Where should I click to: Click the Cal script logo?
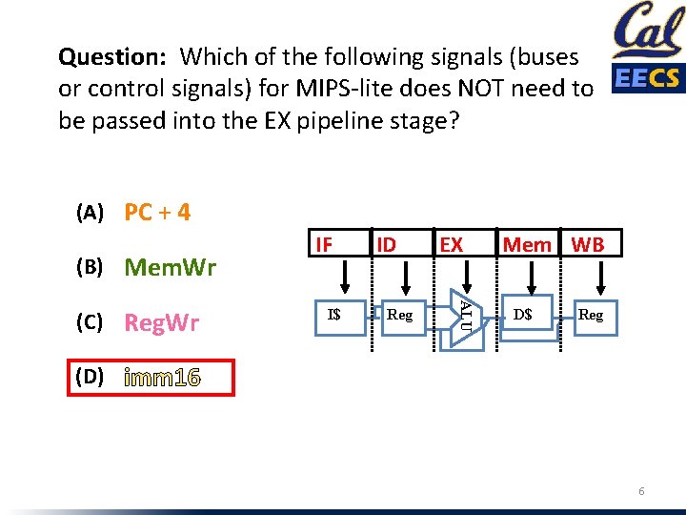coord(647,31)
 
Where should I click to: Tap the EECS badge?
coord(647,77)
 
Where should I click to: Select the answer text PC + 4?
coord(157,212)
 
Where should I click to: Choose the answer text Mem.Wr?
coord(171,267)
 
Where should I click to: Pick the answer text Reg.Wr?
coord(162,323)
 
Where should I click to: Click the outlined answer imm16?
coord(162,378)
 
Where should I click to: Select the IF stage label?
coord(324,245)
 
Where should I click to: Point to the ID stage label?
coord(386,245)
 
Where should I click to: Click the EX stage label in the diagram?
coord(451,245)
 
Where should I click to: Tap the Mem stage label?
coord(527,245)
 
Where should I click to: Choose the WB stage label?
coord(588,245)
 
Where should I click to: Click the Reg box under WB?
coord(591,315)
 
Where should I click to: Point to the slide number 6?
coord(641,491)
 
